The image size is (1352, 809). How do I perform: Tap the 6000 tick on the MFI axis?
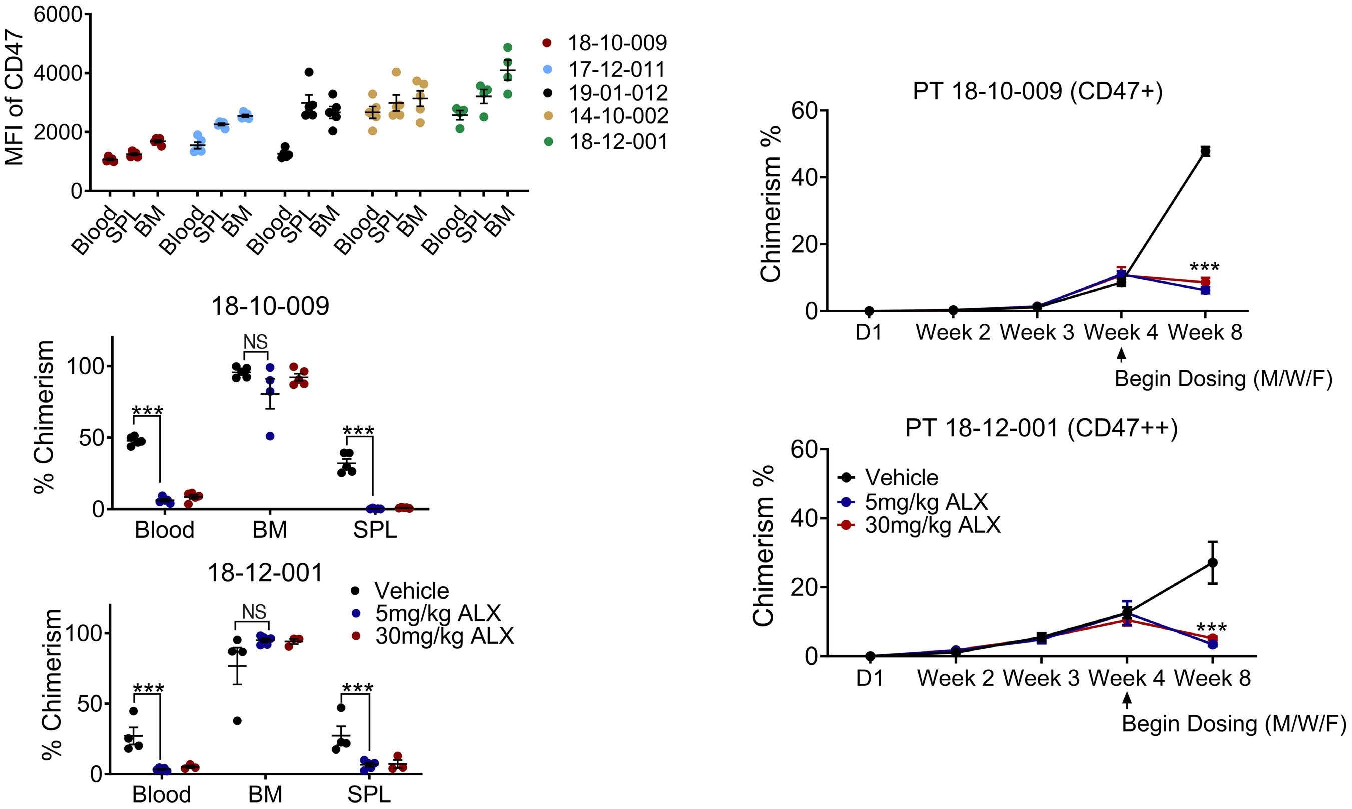tap(58, 14)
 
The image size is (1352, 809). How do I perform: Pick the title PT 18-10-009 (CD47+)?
tap(1037, 91)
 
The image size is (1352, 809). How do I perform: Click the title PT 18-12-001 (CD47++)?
tap(1041, 428)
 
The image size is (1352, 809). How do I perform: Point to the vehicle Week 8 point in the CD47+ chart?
tap(1205, 151)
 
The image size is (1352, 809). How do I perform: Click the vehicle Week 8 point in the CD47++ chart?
tap(1212, 562)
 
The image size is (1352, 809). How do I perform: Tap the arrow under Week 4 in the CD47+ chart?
tap(1121, 355)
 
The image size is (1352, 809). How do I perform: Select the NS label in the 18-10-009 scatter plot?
tap(255, 342)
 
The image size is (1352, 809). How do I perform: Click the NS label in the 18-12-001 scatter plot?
tap(254, 612)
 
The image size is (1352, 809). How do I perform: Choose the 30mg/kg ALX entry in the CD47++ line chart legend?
tap(932, 525)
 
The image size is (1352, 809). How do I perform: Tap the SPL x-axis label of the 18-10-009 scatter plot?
tap(375, 530)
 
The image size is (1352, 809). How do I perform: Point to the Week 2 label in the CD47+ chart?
tap(953, 332)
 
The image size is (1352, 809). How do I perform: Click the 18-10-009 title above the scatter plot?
tap(270, 306)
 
